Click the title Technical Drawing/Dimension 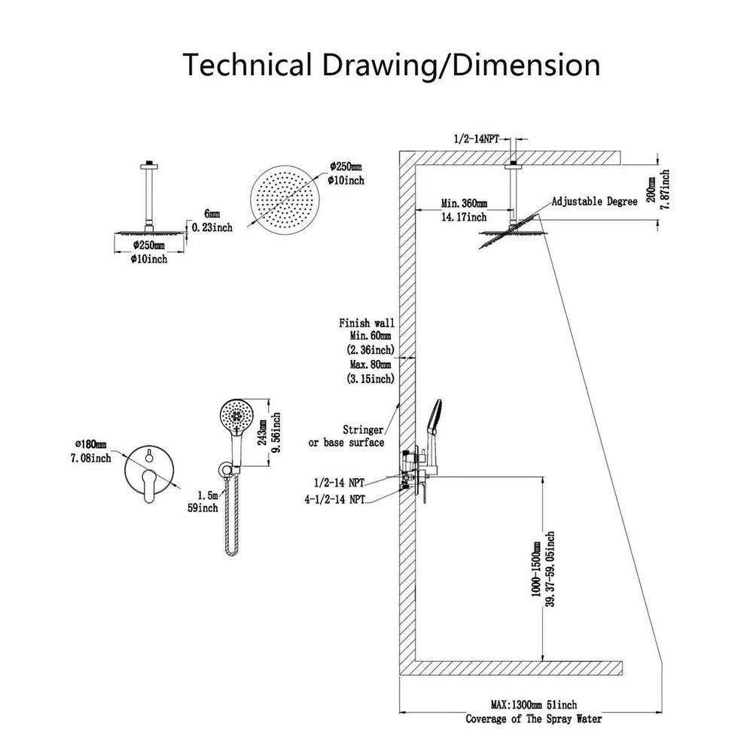(392, 66)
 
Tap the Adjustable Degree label (591, 202)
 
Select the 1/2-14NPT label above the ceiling (476, 139)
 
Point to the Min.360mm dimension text (465, 204)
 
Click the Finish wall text (367, 323)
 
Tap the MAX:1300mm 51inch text (533, 705)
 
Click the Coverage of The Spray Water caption (533, 719)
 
